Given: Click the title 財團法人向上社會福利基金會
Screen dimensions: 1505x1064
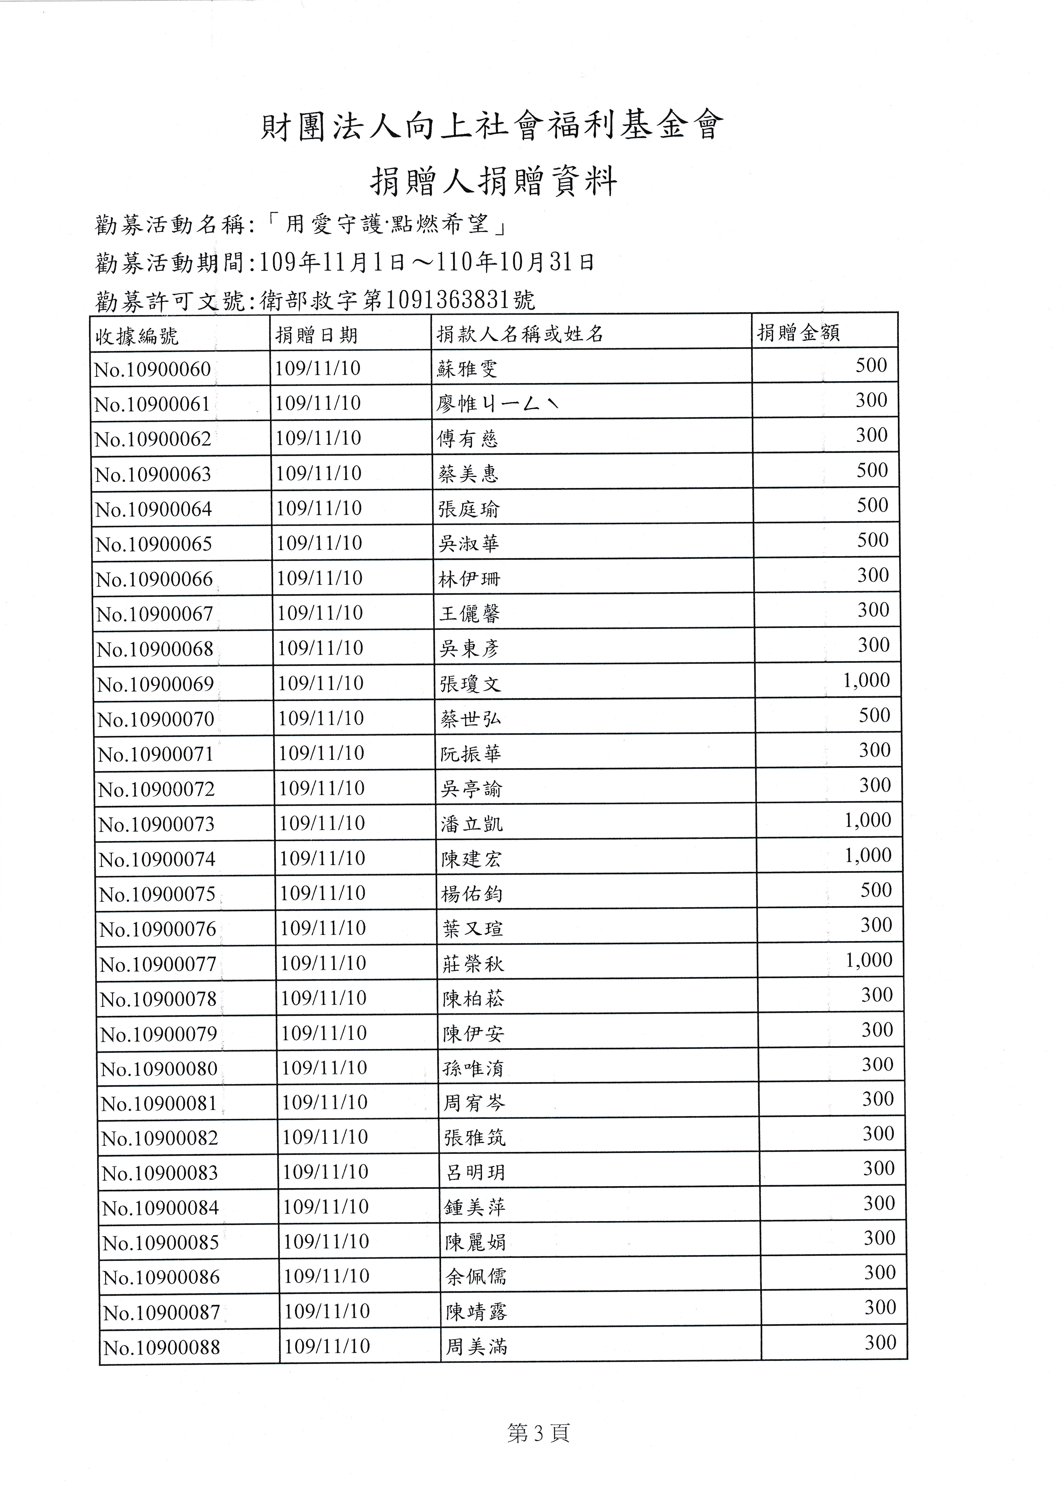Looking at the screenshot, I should pyautogui.click(x=492, y=126).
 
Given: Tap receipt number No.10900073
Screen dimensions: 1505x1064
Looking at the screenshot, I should pyautogui.click(x=156, y=824).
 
